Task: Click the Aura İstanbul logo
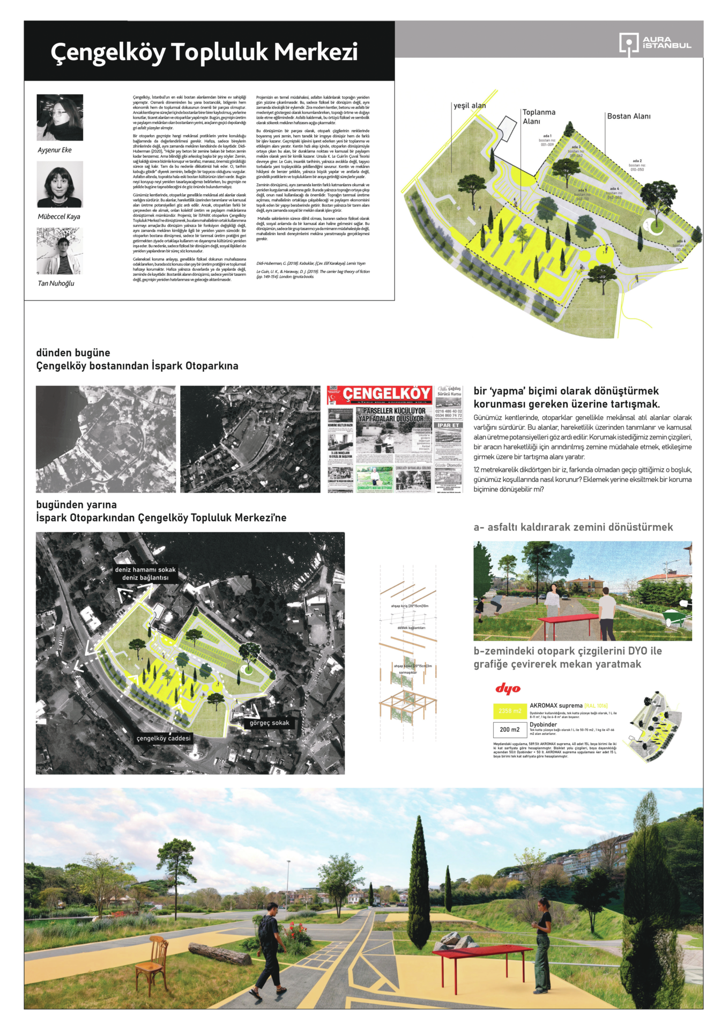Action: click(x=655, y=42)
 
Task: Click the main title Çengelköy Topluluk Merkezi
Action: click(x=204, y=53)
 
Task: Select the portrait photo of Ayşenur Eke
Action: click(x=60, y=117)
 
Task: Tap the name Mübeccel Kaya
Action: click(x=59, y=217)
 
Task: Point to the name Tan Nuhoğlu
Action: click(x=56, y=283)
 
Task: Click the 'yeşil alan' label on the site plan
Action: click(x=470, y=106)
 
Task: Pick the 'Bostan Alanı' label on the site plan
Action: click(x=628, y=116)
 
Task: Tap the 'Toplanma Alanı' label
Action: click(x=539, y=116)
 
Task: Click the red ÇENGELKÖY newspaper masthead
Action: click(x=387, y=394)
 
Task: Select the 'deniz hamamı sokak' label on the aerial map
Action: click(x=145, y=570)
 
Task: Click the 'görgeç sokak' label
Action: click(x=269, y=723)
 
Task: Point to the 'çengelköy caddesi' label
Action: click(x=164, y=738)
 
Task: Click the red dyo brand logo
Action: click(x=508, y=688)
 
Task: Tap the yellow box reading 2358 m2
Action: click(x=509, y=711)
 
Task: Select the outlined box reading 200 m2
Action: click(x=509, y=730)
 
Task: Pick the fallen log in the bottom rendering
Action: click(x=220, y=953)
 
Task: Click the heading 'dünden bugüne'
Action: click(x=73, y=352)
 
